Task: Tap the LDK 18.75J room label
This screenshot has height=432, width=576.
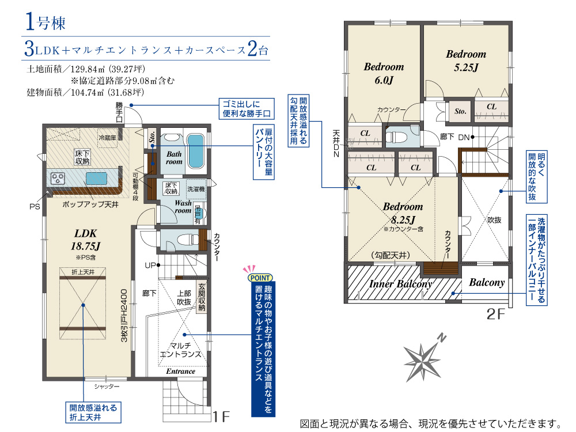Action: pyautogui.click(x=86, y=240)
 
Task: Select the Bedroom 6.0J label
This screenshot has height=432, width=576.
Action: pyautogui.click(x=384, y=73)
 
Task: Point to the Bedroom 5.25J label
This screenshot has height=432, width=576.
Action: pyautogui.click(x=466, y=60)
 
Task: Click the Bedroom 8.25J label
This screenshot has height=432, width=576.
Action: pyautogui.click(x=403, y=213)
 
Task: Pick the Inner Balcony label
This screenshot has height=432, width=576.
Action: pyautogui.click(x=400, y=284)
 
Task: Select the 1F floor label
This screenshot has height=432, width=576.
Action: pyautogui.click(x=222, y=416)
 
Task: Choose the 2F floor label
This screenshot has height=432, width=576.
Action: pyautogui.click(x=495, y=314)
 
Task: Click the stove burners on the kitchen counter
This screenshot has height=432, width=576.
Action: pyautogui.click(x=58, y=179)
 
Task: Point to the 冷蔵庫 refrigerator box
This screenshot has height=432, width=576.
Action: pyautogui.click(x=107, y=138)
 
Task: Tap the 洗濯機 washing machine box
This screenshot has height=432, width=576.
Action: pyautogui.click(x=196, y=189)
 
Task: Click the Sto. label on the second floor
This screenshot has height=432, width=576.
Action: pyautogui.click(x=460, y=111)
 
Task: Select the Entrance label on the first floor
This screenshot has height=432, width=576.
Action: pyautogui.click(x=180, y=372)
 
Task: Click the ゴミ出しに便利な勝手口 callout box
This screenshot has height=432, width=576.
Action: pyautogui.click(x=247, y=109)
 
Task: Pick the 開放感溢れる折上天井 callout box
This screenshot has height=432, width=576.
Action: pyautogui.click(x=93, y=412)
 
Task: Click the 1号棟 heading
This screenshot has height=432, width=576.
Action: pyautogui.click(x=46, y=22)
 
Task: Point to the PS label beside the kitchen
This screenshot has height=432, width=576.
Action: pyautogui.click(x=35, y=207)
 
